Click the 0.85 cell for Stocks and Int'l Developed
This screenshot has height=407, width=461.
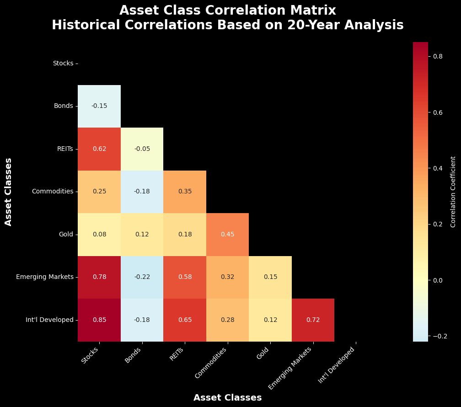click(x=99, y=320)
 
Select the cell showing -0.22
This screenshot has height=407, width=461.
click(x=142, y=277)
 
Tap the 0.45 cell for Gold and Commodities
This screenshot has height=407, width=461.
click(x=227, y=235)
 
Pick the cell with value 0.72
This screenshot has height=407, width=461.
click(x=313, y=320)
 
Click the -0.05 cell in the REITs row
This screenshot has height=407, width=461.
click(x=142, y=149)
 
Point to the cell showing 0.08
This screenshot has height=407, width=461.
click(x=99, y=235)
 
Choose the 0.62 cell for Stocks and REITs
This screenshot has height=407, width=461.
click(x=99, y=149)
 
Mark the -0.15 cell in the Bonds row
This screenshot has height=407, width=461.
click(x=99, y=106)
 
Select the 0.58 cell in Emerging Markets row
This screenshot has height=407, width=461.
click(x=185, y=277)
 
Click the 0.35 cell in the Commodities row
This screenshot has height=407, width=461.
click(x=185, y=192)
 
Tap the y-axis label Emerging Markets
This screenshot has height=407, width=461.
click(x=44, y=277)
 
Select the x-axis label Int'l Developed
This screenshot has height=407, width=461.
click(x=337, y=364)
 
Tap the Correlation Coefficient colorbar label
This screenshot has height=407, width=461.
click(x=453, y=192)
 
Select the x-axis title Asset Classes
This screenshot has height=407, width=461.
click(x=227, y=398)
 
